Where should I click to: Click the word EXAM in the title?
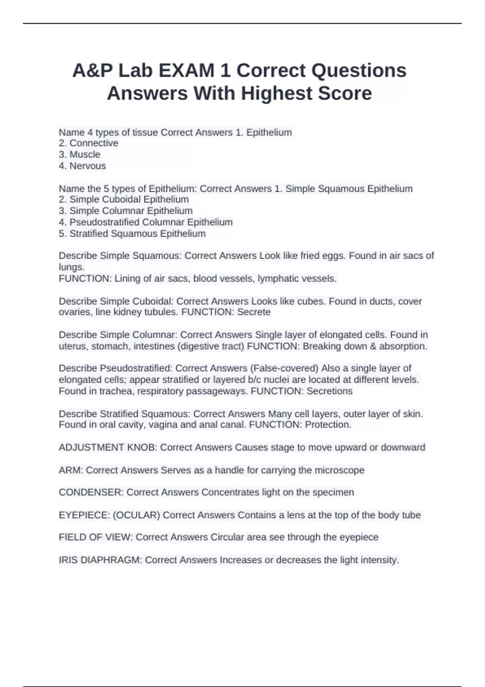pos(186,71)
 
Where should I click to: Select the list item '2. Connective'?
pos(89,143)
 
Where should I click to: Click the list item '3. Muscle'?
pos(80,154)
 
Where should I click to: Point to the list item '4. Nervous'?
pos(82,166)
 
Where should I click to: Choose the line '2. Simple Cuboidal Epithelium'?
pos(124,199)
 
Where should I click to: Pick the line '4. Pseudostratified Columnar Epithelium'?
pos(145,222)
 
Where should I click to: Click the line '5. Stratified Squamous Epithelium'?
pos(132,234)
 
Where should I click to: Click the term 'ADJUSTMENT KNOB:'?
pos(108,447)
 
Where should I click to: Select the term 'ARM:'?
pos(71,470)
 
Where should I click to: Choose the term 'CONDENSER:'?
pos(91,492)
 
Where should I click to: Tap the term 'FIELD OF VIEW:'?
pos(96,537)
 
